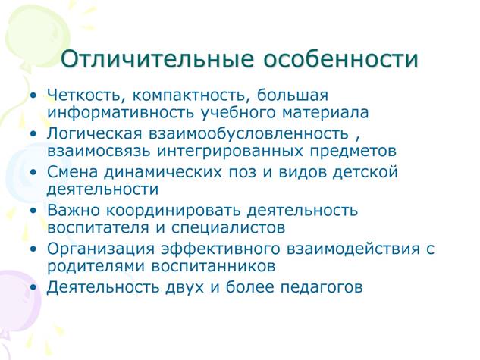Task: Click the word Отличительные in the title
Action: pyautogui.click(x=158, y=58)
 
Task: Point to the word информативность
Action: pyautogui.click(x=121, y=113)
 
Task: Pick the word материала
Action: pyautogui.click(x=325, y=113)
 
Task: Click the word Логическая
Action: pyautogui.click(x=95, y=134)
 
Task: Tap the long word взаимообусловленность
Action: pyautogui.click(x=249, y=134)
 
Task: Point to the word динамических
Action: pyautogui.click(x=163, y=173)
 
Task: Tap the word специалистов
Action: pyautogui.click(x=228, y=228)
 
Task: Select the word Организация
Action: pyautogui.click(x=101, y=249)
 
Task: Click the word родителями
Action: pyautogui.click(x=96, y=267)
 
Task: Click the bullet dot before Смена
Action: pyautogui.click(x=33, y=172)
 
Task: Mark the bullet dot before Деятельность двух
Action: pyautogui.click(x=33, y=287)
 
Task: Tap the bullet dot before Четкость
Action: pyautogui.click(x=33, y=95)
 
